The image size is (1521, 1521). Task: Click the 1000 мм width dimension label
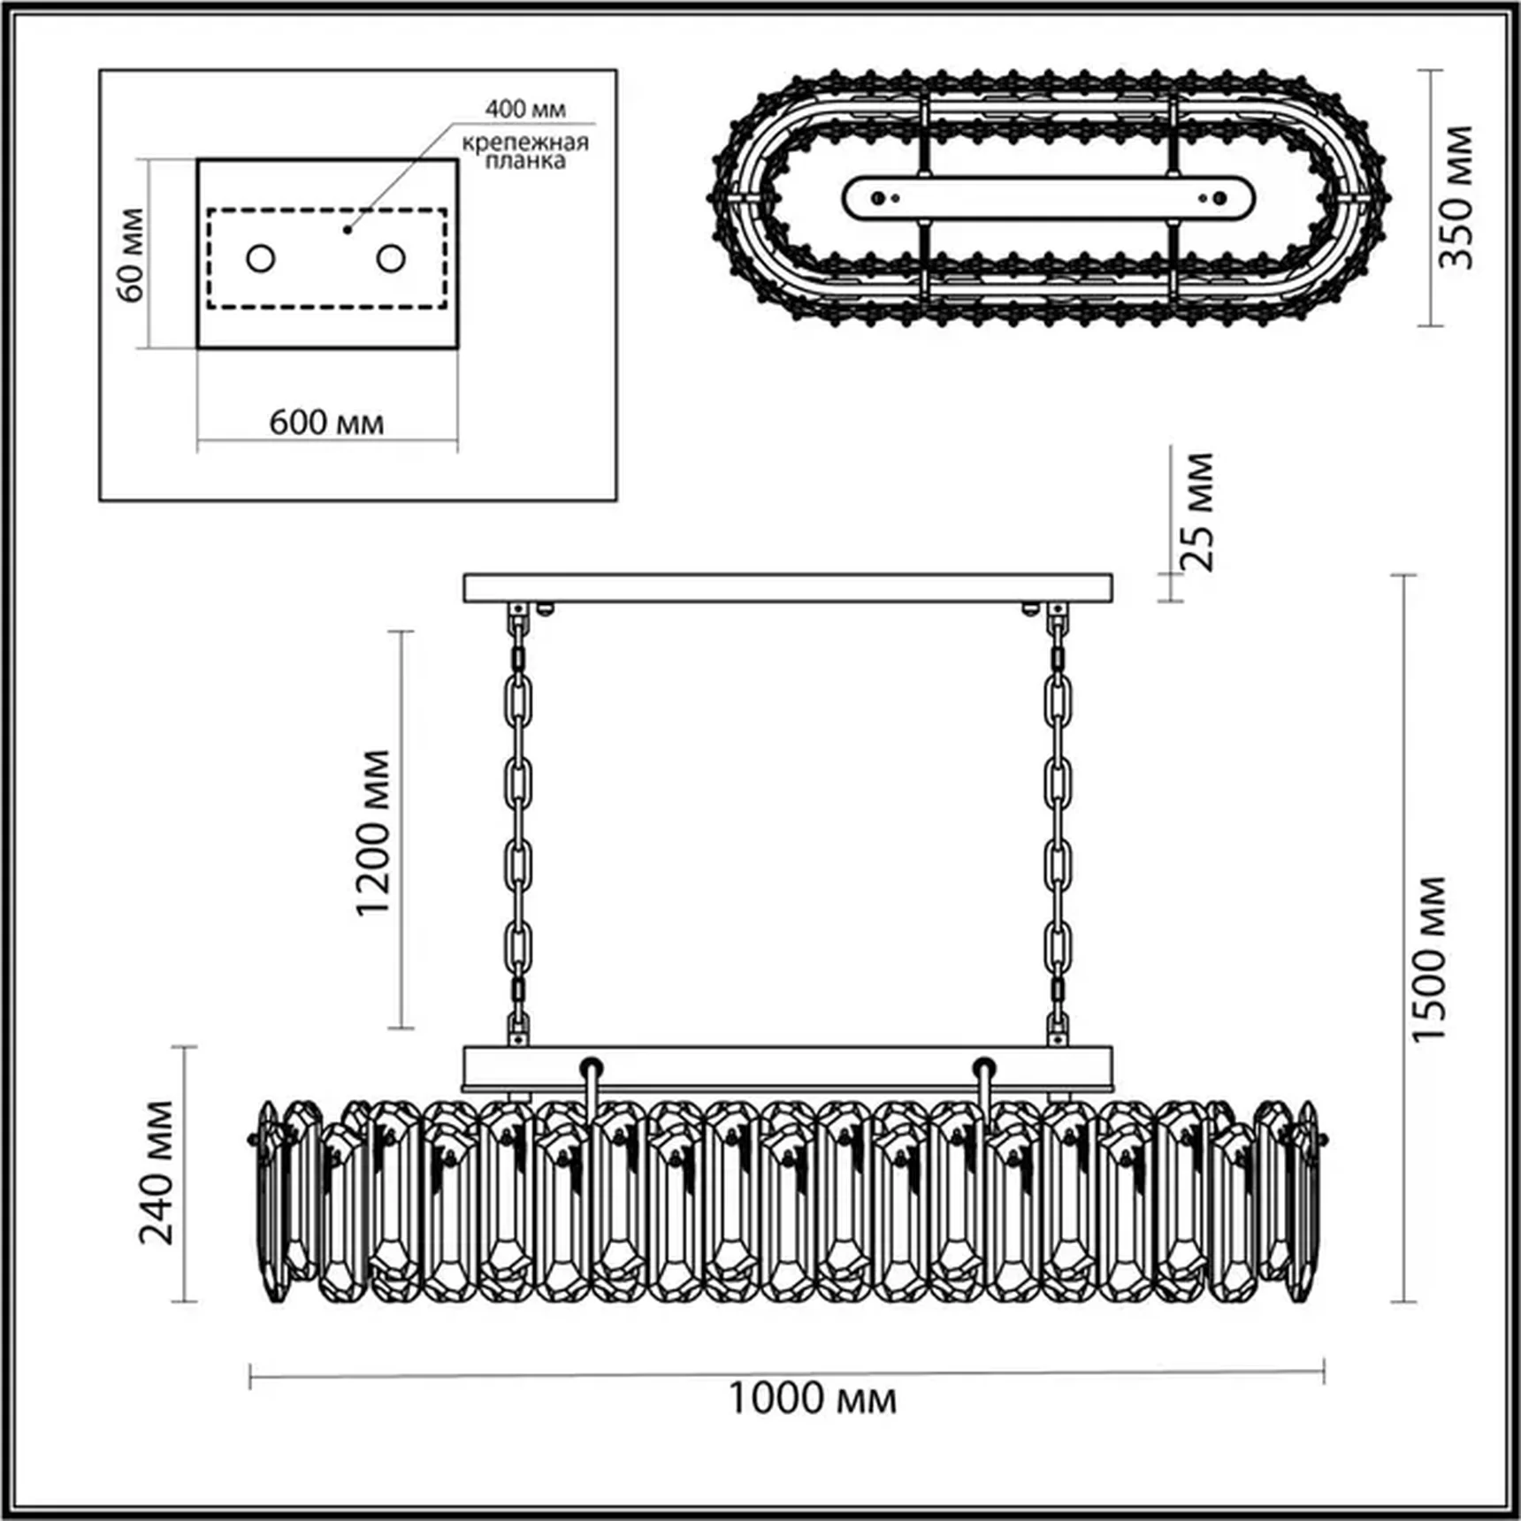(x=812, y=1398)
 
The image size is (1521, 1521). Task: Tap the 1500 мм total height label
(x=1430, y=959)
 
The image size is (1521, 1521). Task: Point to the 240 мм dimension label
(x=157, y=1172)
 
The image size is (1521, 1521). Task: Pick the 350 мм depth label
(x=1456, y=197)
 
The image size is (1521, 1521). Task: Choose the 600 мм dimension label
(x=326, y=423)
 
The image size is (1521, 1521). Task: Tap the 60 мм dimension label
(x=130, y=255)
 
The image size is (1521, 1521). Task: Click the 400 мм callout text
(x=525, y=110)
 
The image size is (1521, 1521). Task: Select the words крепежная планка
(x=525, y=151)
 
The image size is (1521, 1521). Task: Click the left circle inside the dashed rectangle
(x=261, y=259)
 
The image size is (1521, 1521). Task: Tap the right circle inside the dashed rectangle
(x=391, y=259)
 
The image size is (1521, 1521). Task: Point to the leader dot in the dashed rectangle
(x=348, y=230)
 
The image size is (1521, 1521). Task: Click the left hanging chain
(x=518, y=822)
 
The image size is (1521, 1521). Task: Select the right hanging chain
(x=1058, y=822)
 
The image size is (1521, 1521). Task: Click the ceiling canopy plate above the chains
(x=788, y=588)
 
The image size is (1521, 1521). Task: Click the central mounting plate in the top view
(x=1048, y=198)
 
